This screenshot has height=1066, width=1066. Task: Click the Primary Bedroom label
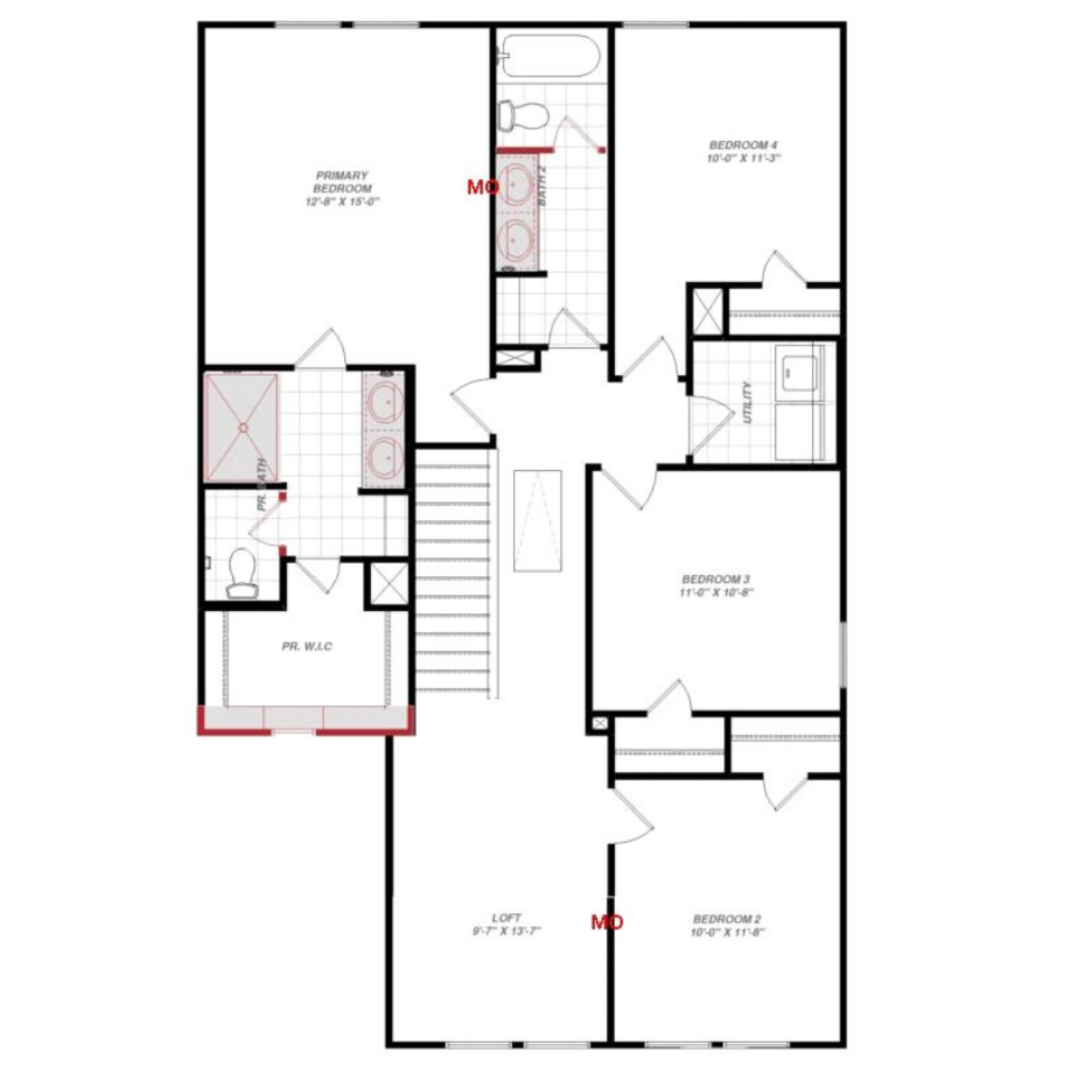click(343, 182)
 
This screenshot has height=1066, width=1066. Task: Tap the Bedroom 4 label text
click(743, 145)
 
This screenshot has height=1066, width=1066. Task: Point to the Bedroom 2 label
click(727, 919)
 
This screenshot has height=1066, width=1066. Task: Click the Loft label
click(506, 918)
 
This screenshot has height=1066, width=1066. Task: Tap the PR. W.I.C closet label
click(306, 646)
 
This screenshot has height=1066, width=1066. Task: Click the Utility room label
click(747, 402)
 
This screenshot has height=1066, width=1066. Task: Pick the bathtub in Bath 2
click(550, 56)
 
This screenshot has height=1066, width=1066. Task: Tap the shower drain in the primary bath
click(243, 428)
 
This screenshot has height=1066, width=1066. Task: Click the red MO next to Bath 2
click(482, 188)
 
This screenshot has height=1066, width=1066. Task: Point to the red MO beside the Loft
click(606, 922)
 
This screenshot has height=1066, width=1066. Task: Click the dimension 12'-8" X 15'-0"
click(342, 202)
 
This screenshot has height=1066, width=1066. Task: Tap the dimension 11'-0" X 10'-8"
click(716, 592)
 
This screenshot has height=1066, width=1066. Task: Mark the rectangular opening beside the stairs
click(537, 520)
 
